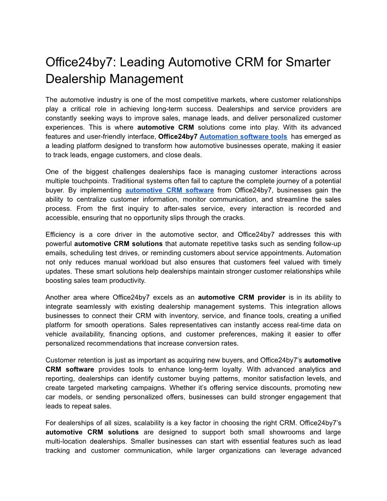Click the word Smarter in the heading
pyautogui.click(x=305, y=62)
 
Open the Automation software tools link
pyautogui.click(x=244, y=136)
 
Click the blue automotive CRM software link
pyautogui.click(x=170, y=190)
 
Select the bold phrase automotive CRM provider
pyautogui.click(x=235, y=297)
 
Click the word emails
pyautogui.click(x=55, y=252)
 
